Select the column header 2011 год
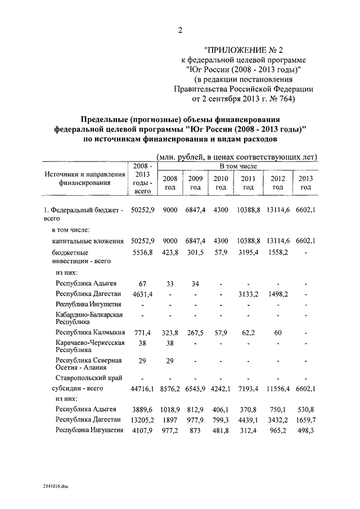pos(248,183)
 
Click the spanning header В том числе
pos(235,166)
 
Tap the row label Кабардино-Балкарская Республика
pos(89,318)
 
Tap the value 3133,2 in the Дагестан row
pos(248,294)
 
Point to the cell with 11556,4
pos(277,389)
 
